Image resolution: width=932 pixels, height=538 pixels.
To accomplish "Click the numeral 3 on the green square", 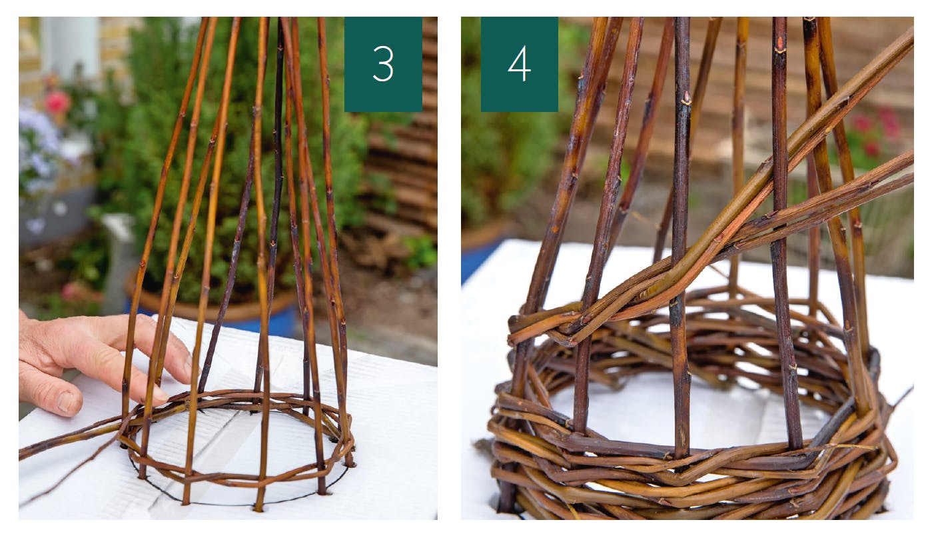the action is pyautogui.click(x=383, y=64).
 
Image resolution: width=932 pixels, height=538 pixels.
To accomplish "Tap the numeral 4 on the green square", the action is pyautogui.click(x=519, y=64).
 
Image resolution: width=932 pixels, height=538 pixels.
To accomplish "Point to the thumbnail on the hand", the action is pyautogui.click(x=66, y=401).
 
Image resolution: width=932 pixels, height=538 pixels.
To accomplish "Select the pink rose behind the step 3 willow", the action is pyautogui.click(x=58, y=102).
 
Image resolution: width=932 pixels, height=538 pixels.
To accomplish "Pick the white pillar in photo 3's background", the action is pyautogui.click(x=69, y=48).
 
